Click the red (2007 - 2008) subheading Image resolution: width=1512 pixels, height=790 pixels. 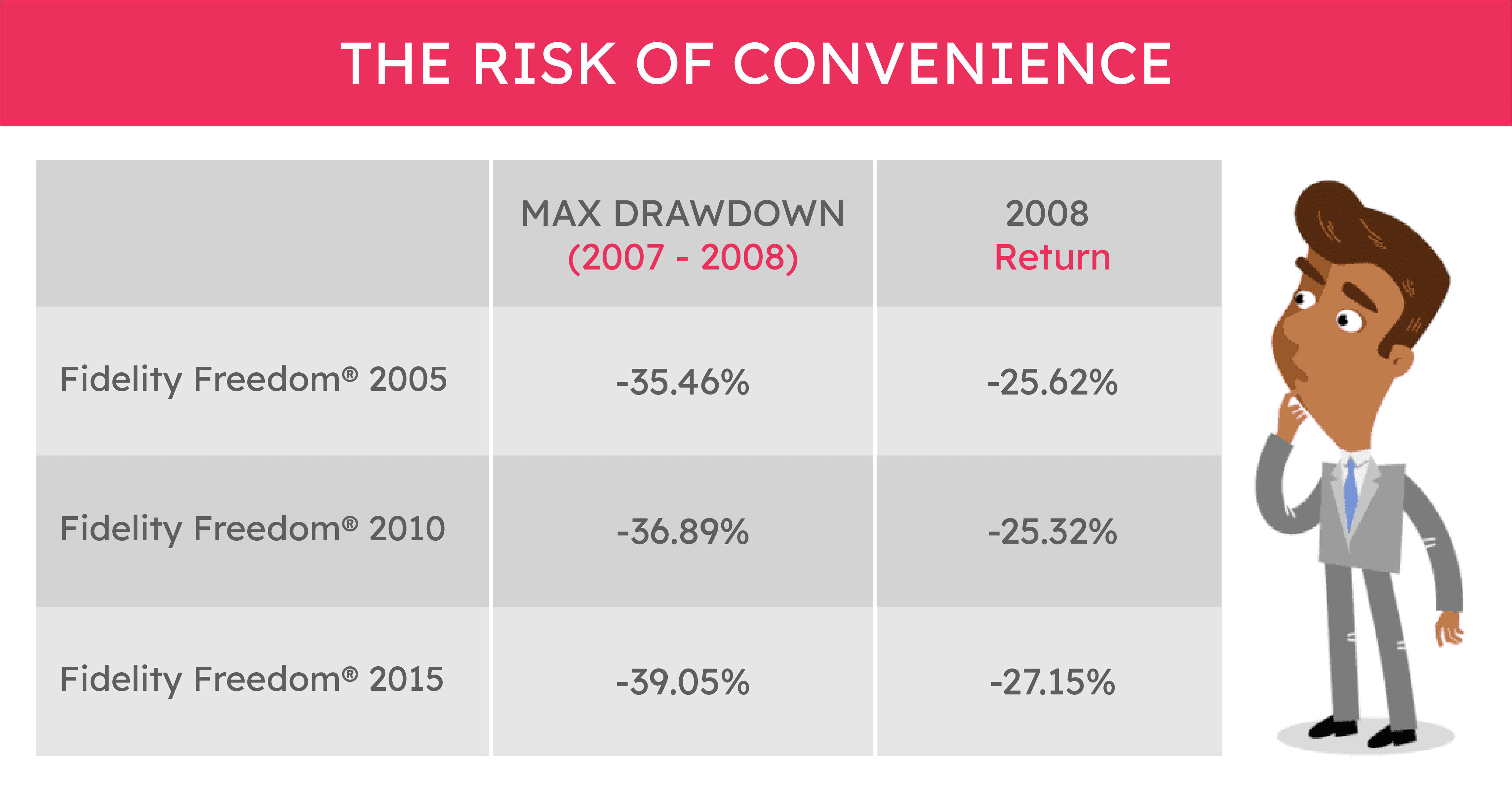click(x=683, y=258)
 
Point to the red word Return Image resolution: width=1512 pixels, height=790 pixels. click(x=1052, y=258)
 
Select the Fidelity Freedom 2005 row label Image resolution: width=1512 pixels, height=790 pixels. click(x=254, y=379)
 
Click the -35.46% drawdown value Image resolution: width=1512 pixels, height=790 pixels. click(x=683, y=382)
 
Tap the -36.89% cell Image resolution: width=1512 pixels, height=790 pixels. click(x=683, y=532)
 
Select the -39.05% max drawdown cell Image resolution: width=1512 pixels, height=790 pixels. click(x=683, y=682)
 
